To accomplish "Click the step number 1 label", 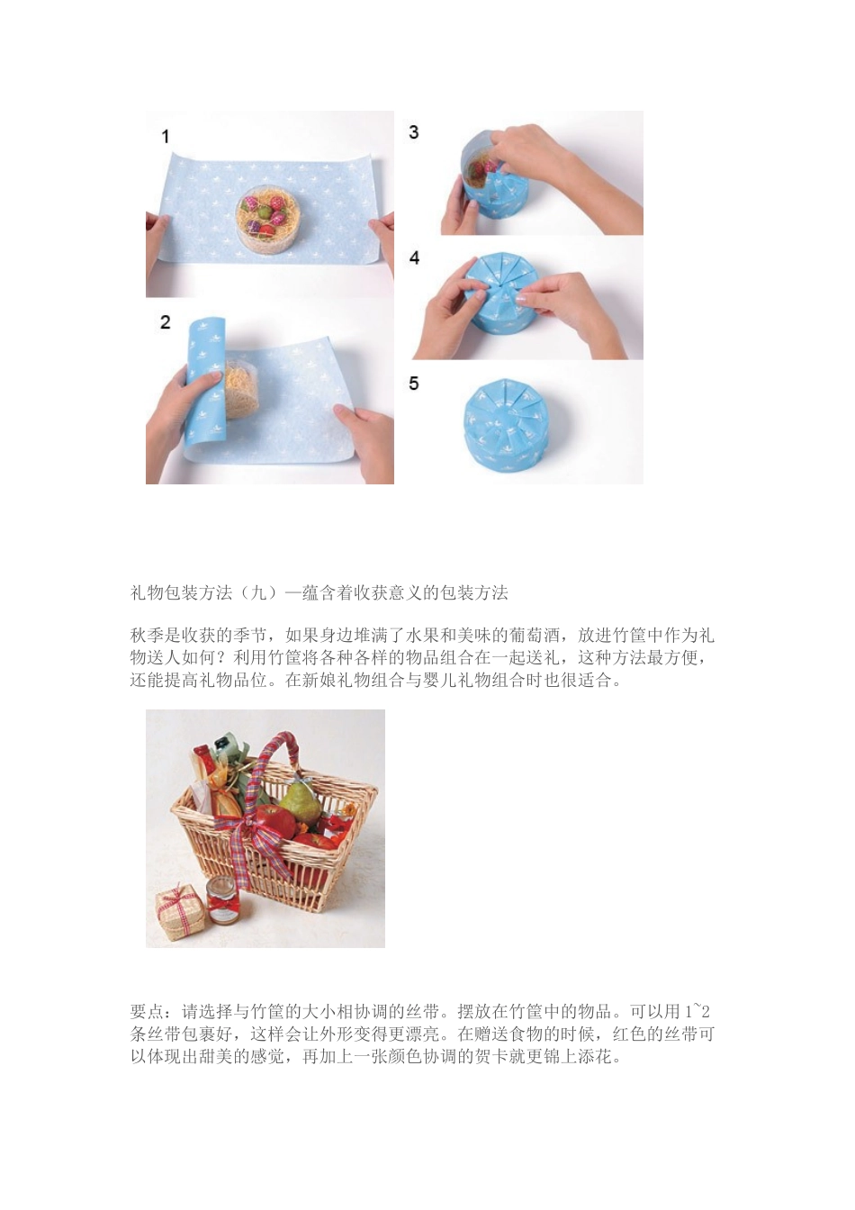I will pyautogui.click(x=165, y=136).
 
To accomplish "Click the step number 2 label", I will pyautogui.click(x=165, y=322).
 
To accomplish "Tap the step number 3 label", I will pyautogui.click(x=413, y=132).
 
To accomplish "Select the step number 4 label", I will pyautogui.click(x=414, y=258).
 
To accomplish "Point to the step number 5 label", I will pyautogui.click(x=413, y=384).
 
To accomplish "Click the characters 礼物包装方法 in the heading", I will pyautogui.click(x=182, y=592).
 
